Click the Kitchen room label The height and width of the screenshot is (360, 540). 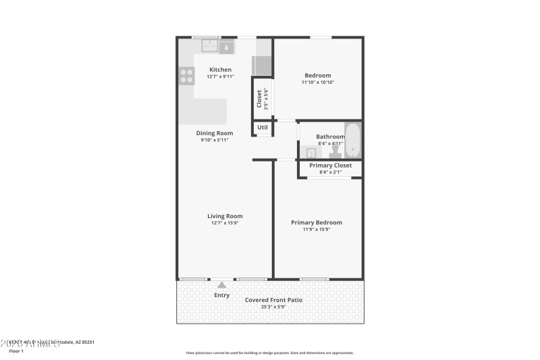[220, 70]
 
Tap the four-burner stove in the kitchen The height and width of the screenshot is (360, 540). [186, 76]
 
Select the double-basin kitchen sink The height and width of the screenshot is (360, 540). [217, 47]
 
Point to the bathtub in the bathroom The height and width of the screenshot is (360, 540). [352, 140]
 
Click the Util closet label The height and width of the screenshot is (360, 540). [263, 127]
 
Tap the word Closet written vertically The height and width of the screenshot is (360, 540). [259, 99]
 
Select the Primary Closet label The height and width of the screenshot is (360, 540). [330, 165]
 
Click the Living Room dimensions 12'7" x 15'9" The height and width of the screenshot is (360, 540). [225, 223]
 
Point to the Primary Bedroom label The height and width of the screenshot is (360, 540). [316, 222]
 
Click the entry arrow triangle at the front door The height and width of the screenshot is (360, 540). [221, 285]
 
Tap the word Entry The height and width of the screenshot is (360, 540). [221, 295]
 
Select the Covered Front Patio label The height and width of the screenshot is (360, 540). [273, 300]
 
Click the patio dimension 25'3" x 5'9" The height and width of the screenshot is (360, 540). [273, 307]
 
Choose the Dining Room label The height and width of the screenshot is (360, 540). [215, 133]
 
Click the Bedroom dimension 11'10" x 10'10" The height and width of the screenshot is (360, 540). [317, 82]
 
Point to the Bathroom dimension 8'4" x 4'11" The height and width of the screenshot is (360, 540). [330, 143]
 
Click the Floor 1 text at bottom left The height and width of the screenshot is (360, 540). [16, 351]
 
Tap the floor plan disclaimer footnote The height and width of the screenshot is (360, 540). [269, 353]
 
